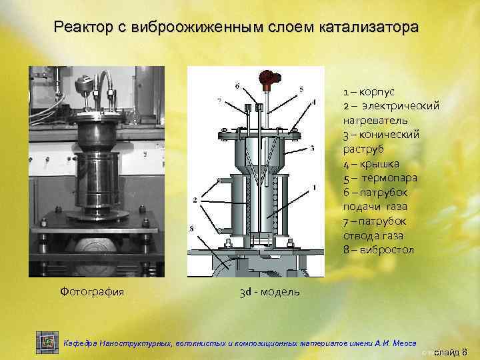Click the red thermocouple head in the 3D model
click(270, 79)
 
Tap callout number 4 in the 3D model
click(313, 102)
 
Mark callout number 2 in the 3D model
click(194, 199)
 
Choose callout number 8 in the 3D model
click(193, 229)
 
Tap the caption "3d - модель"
click(269, 292)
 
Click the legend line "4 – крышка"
click(371, 163)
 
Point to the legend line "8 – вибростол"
click(379, 249)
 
